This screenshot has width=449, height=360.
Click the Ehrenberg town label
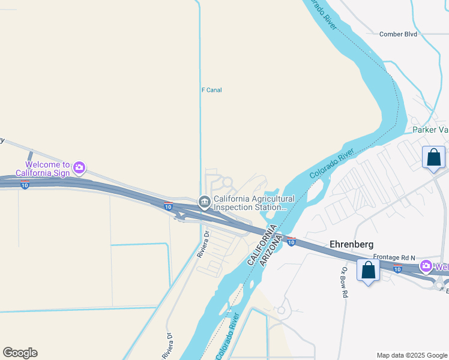[352, 244]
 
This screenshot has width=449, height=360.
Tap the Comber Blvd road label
[398, 34]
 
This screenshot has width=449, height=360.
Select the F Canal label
[211, 90]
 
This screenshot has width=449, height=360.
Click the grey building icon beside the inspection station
[204, 200]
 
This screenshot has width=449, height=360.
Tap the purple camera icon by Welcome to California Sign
[79, 167]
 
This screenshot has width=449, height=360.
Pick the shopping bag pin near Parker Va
[433, 158]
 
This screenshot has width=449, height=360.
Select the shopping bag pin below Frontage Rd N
[368, 271]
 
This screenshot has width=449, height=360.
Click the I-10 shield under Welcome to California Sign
[24, 185]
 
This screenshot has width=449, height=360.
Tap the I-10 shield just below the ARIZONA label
[291, 242]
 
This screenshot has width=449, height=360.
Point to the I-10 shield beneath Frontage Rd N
[397, 269]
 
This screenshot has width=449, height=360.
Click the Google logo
[20, 353]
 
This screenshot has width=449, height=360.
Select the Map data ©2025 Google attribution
[411, 355]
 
